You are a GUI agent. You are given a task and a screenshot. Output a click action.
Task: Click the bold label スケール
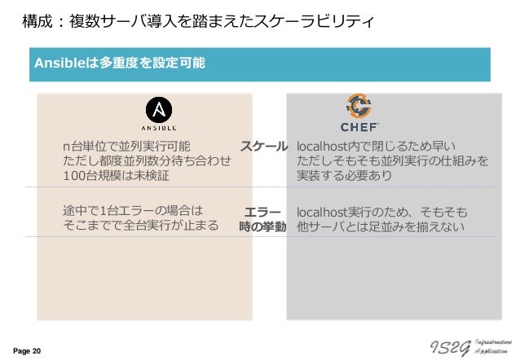262,147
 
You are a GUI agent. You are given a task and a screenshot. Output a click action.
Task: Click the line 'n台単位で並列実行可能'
127,147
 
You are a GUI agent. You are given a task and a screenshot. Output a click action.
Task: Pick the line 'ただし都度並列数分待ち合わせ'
147,161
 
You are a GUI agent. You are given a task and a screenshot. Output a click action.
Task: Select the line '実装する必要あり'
345,176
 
